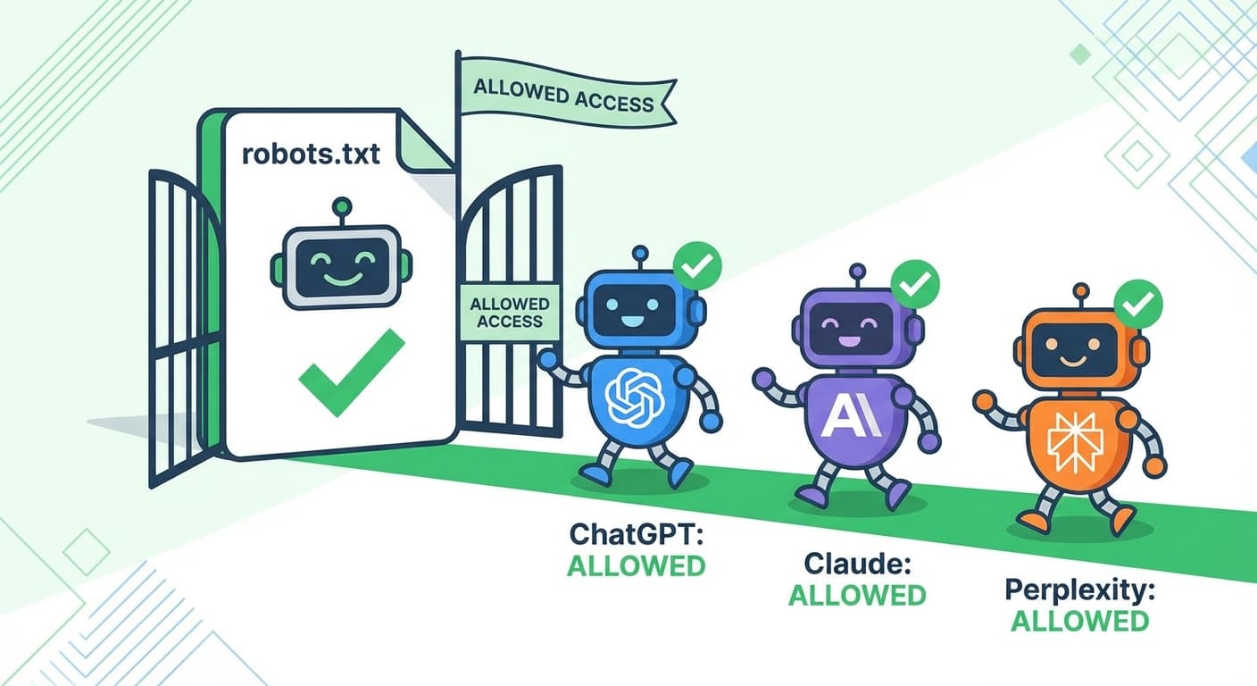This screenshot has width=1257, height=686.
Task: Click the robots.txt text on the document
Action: (311, 154)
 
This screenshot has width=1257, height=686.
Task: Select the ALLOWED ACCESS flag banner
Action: (563, 96)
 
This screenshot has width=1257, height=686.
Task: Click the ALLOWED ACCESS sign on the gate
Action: (510, 313)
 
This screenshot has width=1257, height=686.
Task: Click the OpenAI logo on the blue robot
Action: (633, 396)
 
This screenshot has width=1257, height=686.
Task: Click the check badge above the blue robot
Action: (697, 265)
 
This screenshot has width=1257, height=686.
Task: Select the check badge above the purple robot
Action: (916, 284)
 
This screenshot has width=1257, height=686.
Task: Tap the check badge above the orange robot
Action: (1138, 305)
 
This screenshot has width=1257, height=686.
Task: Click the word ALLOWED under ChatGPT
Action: (637, 566)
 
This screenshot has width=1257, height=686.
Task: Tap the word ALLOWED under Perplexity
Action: (1079, 621)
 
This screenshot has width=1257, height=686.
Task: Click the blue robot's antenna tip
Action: (639, 255)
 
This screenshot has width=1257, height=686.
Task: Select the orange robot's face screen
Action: (1079, 345)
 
